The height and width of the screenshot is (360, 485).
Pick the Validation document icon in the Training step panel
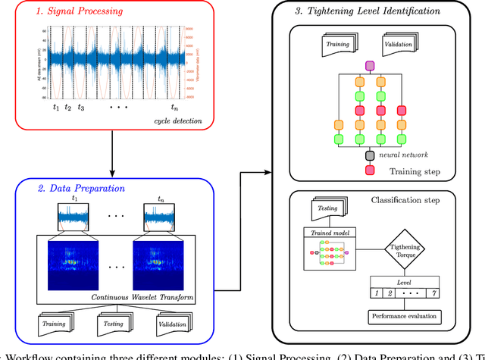pos(404,42)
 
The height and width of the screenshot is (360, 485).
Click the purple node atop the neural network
pos(370,66)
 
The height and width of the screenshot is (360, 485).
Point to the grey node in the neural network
pos(370,155)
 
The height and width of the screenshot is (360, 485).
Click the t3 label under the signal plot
pos(80,107)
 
